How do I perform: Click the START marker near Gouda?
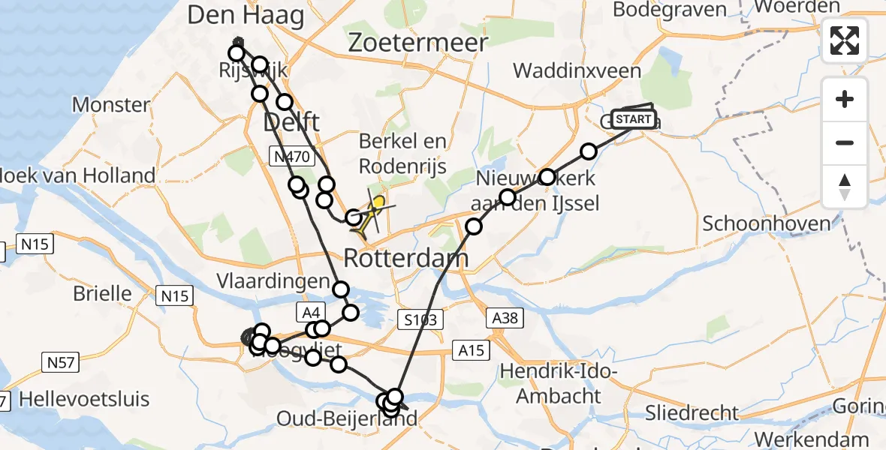point(634,119)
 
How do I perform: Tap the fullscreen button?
point(845,40)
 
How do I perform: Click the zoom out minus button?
point(845,142)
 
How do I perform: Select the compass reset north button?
point(845,186)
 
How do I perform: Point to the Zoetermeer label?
point(418,43)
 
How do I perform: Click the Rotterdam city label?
point(406,259)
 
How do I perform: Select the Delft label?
point(291,121)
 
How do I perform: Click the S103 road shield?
point(420,320)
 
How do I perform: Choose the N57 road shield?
point(60,363)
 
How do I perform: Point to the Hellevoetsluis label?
point(84,399)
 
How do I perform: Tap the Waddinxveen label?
point(577,71)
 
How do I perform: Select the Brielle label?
point(103,292)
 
